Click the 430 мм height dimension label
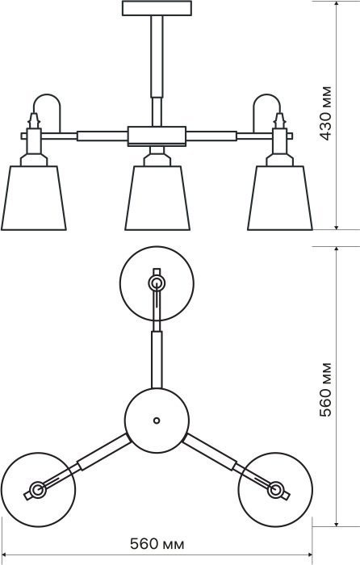click(325, 114)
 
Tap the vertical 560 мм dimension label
click(325, 390)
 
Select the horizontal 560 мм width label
click(157, 544)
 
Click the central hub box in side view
click(157, 136)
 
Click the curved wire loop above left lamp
click(47, 94)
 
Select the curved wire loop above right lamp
click(266, 94)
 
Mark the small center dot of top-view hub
click(157, 421)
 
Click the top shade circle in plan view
click(157, 246)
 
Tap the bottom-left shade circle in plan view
click(38, 453)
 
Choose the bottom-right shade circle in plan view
click(275, 453)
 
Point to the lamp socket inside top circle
click(157, 283)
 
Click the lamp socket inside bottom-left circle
click(37, 490)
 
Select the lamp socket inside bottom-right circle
click(276, 490)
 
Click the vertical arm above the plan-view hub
click(157, 360)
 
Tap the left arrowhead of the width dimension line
click(5, 555)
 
